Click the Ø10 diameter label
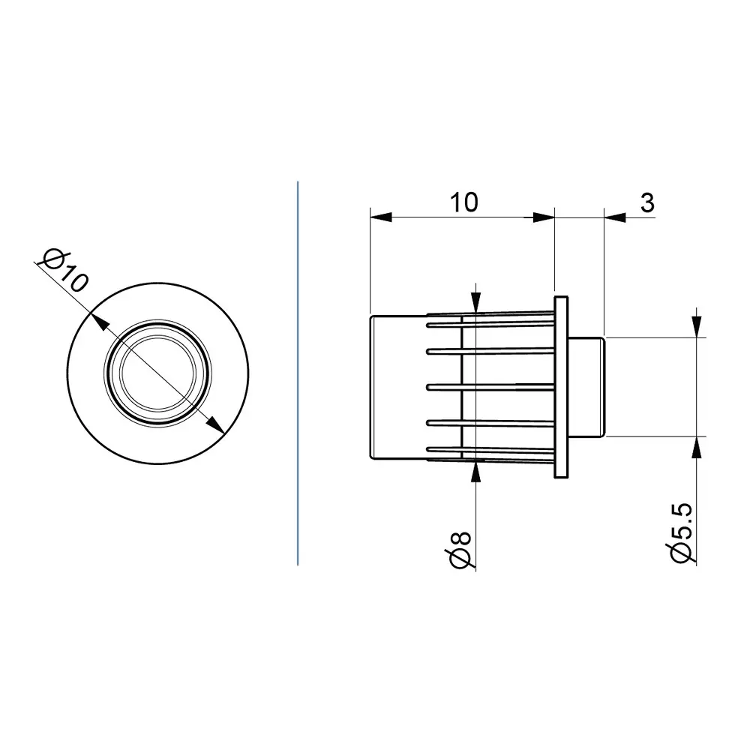66,271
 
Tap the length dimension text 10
463,202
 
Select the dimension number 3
647,202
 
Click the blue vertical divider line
298,375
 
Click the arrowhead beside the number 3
614,217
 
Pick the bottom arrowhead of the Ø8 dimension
476,469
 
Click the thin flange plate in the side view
561,387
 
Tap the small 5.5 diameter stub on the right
588,387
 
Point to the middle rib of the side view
491,387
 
